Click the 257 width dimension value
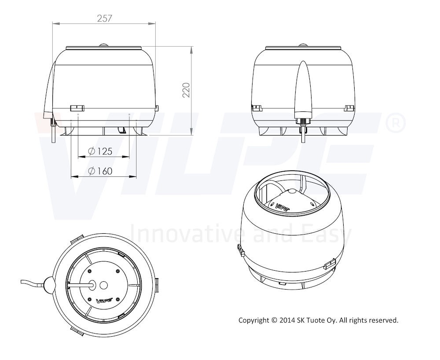pos(104,18)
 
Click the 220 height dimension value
pos(186,90)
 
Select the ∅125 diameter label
pos(100,151)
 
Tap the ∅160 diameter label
pos(100,171)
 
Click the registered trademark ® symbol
pos(396,123)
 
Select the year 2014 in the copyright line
pos(287,320)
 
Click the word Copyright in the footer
pos(254,320)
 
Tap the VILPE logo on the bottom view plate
pos(104,301)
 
